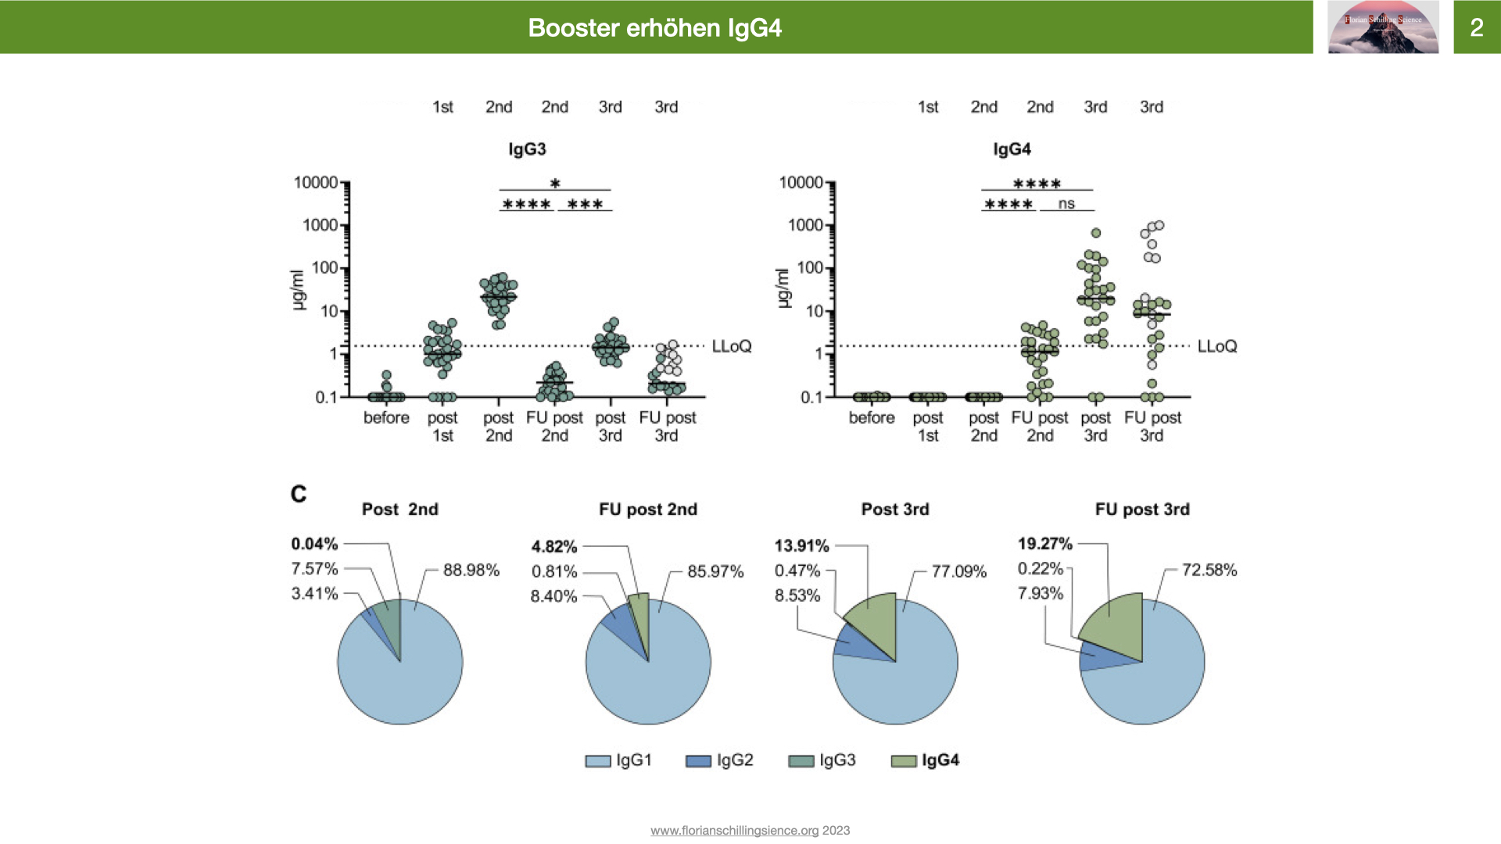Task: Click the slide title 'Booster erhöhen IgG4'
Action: coord(654,28)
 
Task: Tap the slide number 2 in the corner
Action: coord(1476,28)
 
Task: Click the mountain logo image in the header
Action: coord(1383,27)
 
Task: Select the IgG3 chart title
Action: coord(527,149)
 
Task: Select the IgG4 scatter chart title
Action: coord(1012,149)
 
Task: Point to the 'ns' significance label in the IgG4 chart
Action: coord(1066,204)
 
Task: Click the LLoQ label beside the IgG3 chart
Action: coord(731,346)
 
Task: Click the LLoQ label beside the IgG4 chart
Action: coord(1216,346)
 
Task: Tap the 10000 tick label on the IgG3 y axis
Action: coord(316,183)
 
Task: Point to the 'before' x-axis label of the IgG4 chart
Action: coord(872,418)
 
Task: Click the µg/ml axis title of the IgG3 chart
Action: coord(297,289)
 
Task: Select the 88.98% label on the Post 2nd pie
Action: coord(471,570)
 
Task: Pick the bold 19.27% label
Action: coord(1044,544)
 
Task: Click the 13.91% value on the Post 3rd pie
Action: coord(801,545)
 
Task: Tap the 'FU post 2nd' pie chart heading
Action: coord(647,510)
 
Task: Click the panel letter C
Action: coord(299,494)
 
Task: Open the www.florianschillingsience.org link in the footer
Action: coord(734,831)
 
